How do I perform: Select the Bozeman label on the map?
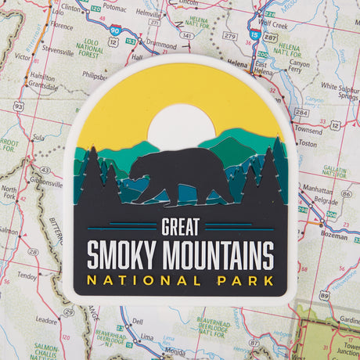(333, 235)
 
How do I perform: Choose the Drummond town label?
(161, 46)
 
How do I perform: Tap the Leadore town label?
(46, 320)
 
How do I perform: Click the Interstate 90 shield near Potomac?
(115, 29)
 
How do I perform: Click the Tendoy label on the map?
(27, 275)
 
